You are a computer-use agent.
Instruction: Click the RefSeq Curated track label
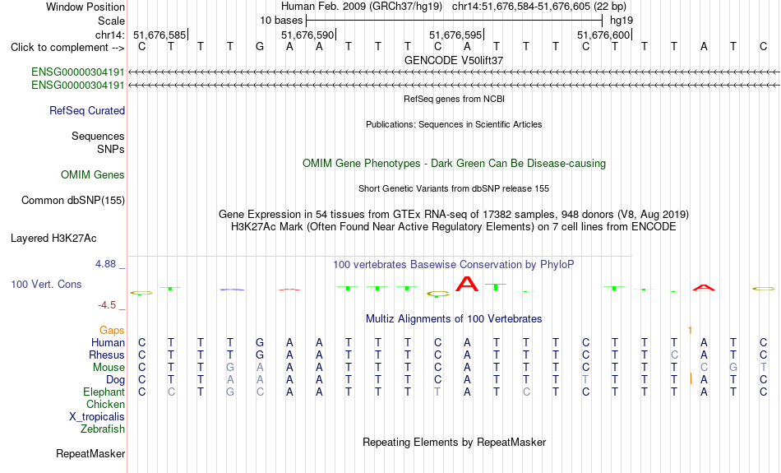(86, 111)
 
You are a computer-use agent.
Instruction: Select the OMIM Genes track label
(92, 175)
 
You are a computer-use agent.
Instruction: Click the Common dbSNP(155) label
(72, 201)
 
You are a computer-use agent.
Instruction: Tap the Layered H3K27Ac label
(53, 239)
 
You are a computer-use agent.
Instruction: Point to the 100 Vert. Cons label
(46, 284)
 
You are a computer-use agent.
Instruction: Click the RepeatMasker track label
(90, 453)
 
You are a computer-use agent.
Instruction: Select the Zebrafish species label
(103, 429)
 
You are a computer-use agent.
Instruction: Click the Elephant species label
(104, 392)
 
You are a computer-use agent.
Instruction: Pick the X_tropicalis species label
(97, 417)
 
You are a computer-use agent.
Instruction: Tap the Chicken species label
(105, 404)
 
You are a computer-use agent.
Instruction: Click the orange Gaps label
(112, 331)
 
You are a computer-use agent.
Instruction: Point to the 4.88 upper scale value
(105, 264)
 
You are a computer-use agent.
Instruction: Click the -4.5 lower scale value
(107, 304)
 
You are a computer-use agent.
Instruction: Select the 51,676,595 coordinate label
(455, 35)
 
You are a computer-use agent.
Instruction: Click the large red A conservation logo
(467, 284)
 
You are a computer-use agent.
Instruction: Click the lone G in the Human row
(260, 342)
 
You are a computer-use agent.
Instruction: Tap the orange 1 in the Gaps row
(690, 331)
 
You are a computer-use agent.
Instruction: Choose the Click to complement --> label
(67, 48)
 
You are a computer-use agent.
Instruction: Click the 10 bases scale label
(281, 21)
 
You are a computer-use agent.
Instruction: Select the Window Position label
(85, 7)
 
